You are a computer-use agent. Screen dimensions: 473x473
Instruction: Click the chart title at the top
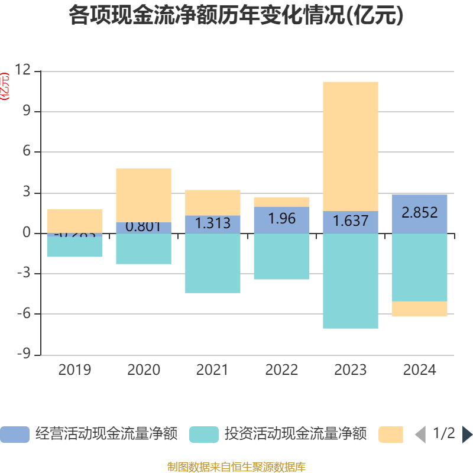coord(236,16)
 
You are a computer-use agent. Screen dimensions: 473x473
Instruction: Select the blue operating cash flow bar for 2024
coord(420,213)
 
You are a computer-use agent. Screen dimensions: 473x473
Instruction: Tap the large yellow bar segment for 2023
coord(351,146)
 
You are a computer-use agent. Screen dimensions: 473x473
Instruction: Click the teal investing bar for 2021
coord(212,263)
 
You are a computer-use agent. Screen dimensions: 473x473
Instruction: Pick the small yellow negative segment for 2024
coord(420,309)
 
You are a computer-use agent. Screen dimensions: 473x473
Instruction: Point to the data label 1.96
coord(281,218)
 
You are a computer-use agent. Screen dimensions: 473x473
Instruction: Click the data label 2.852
coord(420,213)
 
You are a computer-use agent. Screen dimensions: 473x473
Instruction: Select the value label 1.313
coord(212,223)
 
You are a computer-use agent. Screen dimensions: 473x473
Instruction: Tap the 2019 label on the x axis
coord(74,370)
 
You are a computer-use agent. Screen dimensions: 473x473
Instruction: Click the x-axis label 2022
coord(281,370)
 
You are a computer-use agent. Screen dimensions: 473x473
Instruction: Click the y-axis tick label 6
coord(27,152)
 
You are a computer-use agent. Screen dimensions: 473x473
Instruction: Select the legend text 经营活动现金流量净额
coord(106,434)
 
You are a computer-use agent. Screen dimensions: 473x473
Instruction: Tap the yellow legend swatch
coord(390,434)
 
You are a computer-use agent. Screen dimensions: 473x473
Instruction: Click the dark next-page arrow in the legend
coord(467,435)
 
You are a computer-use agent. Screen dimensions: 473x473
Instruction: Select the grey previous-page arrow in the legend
coord(420,435)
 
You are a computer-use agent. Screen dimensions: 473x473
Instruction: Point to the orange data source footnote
coord(236,467)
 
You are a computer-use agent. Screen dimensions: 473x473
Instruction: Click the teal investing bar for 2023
coord(351,281)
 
